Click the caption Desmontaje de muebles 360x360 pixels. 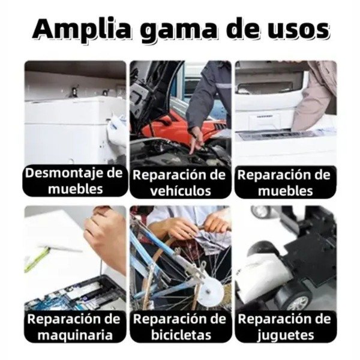pos(75,181)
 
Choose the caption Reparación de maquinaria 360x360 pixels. pos(75,326)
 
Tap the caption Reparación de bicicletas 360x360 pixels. pos(180,326)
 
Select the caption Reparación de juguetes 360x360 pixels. pos(285,326)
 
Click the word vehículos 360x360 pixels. pos(180,191)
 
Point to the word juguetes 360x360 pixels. pos(285,334)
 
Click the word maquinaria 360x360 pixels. pos(75,334)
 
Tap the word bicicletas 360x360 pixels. pos(180,334)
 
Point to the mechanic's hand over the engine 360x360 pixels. pos(195,141)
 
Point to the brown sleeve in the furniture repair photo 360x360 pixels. pos(315,99)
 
